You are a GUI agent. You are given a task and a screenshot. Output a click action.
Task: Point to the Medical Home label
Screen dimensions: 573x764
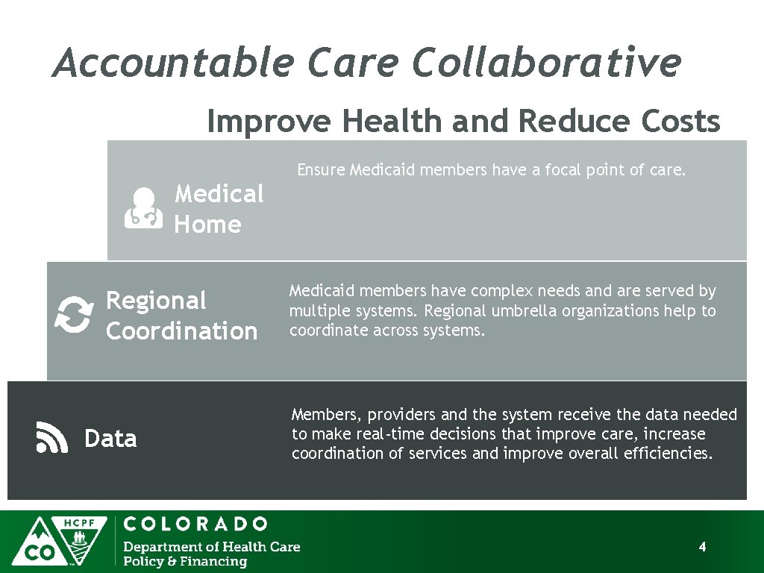coord(219,209)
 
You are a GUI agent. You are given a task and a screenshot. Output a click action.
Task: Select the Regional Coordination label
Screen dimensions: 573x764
coord(181,316)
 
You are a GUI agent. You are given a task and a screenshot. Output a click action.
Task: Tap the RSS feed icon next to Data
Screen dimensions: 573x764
coord(51,437)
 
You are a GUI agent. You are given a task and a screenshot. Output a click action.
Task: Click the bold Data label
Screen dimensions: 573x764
coord(110,439)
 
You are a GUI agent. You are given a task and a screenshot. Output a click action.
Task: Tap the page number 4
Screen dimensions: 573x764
coord(702,547)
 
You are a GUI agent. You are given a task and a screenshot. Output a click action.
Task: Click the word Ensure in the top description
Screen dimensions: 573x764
coord(321,170)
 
